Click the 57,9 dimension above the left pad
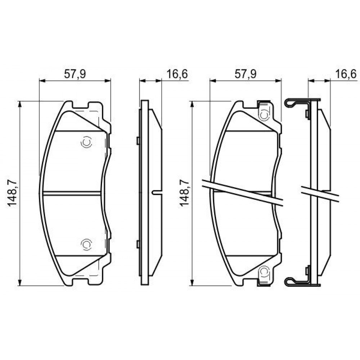[75, 74]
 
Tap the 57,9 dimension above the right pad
[246, 74]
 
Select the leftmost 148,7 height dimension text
[13, 193]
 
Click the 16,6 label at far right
[346, 74]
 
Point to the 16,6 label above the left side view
[177, 74]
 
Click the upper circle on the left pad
[86, 142]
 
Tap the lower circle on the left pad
[86, 244]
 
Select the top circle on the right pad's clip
[264, 114]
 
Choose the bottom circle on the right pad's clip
[264, 271]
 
